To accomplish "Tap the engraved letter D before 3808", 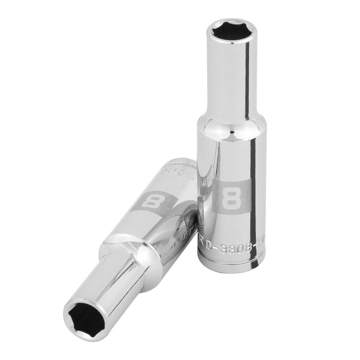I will pos(210,245).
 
